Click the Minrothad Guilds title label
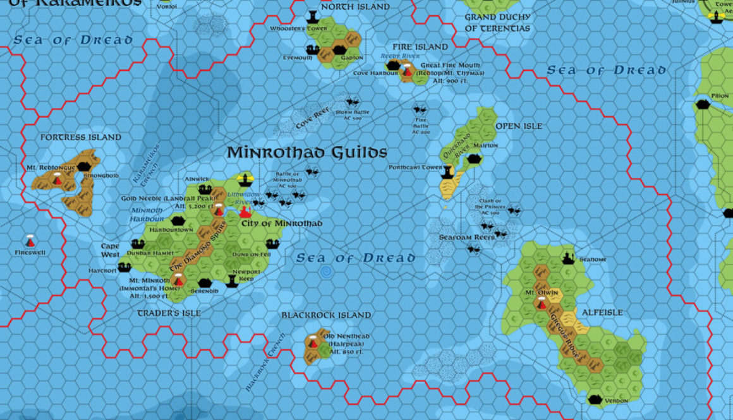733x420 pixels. pyautogui.click(x=306, y=153)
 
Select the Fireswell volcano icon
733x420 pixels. pyautogui.click(x=30, y=241)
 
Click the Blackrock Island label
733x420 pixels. pyautogui.click(x=326, y=315)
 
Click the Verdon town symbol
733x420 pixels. pyautogui.click(x=595, y=399)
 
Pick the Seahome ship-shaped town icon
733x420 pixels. pyautogui.click(x=568, y=258)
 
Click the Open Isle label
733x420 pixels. pyautogui.click(x=519, y=126)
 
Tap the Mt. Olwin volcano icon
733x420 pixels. pyautogui.click(x=541, y=304)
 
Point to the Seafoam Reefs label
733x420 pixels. pyautogui.click(x=466, y=238)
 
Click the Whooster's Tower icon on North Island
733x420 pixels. pyautogui.click(x=312, y=16)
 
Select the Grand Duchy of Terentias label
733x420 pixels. pyautogui.click(x=498, y=23)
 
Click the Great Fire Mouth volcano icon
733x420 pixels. pyautogui.click(x=408, y=73)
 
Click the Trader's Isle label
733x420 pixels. pyautogui.click(x=169, y=313)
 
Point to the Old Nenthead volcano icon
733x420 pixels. pyautogui.click(x=313, y=343)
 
